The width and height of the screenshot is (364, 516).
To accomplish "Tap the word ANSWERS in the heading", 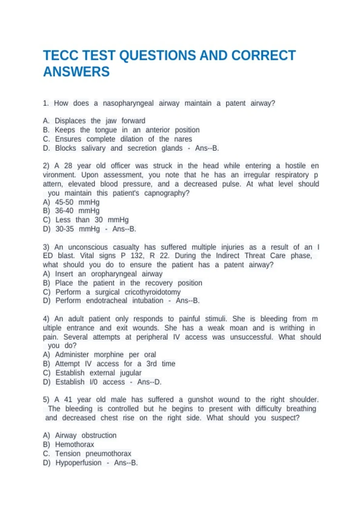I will [x=76, y=72].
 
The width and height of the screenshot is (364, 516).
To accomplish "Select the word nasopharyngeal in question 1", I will [x=128, y=103].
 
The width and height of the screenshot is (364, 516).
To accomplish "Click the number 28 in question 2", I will [x=68, y=166].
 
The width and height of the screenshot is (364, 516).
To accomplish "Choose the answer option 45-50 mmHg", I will [x=77, y=202].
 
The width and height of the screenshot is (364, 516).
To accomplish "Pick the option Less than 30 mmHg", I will [x=92, y=220].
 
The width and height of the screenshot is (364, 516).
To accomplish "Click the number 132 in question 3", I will [x=137, y=256].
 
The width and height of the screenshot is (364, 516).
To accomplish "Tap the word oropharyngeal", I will [x=114, y=274].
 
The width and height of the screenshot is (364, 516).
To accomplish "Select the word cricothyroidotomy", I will [x=153, y=292].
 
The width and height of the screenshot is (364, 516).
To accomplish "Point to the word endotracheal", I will [x=107, y=300].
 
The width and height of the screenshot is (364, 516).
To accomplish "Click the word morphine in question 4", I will [x=109, y=355].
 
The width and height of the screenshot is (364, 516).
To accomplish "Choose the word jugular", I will [x=131, y=373].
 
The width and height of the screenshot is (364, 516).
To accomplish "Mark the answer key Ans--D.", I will [x=149, y=382].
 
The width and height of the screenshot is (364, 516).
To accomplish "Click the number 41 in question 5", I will [x=68, y=399].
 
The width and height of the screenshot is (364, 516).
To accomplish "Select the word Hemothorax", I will [x=75, y=444].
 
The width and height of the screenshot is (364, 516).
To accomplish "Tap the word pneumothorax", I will [x=108, y=453].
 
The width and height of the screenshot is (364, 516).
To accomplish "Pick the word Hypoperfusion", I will [x=79, y=463].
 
